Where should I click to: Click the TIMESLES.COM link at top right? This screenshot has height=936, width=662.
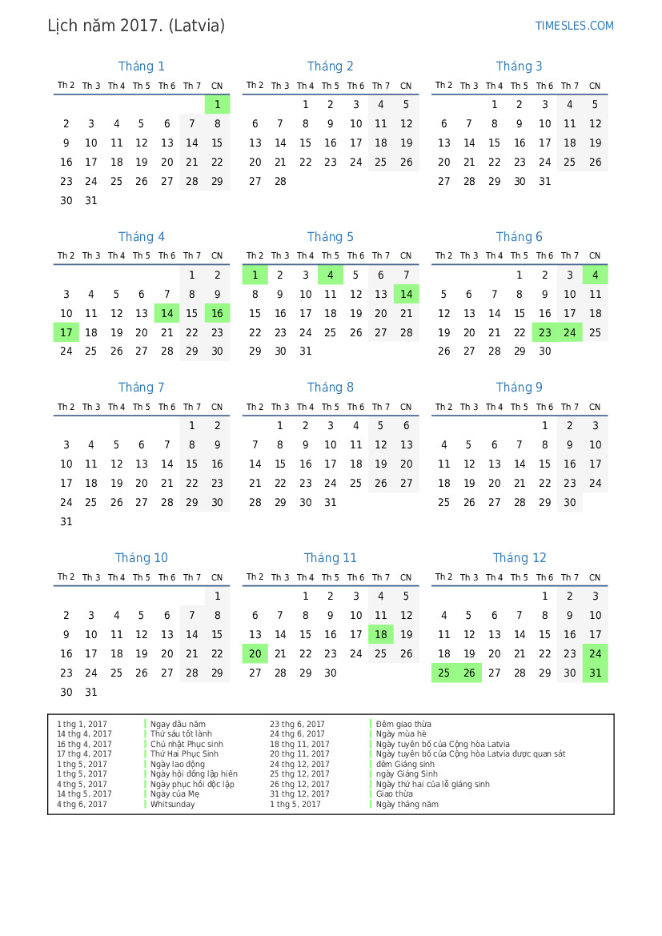tap(574, 26)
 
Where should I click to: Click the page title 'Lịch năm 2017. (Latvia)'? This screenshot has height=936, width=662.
tap(136, 26)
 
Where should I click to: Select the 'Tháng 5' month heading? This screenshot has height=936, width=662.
tap(330, 237)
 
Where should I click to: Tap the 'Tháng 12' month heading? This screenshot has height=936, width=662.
tap(520, 558)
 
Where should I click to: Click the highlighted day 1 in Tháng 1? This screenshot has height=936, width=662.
tap(217, 105)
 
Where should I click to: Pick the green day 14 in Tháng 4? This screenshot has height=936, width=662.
tap(167, 314)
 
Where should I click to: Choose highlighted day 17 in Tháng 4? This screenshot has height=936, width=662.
tap(66, 332)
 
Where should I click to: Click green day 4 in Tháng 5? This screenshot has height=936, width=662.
tap(331, 275)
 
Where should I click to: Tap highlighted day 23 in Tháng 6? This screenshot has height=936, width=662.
tap(545, 332)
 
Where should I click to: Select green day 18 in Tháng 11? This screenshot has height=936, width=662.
tap(381, 635)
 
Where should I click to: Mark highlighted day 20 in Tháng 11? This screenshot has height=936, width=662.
tap(255, 654)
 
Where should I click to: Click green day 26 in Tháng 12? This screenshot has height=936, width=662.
tap(469, 673)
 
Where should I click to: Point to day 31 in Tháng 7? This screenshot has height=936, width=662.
tap(66, 522)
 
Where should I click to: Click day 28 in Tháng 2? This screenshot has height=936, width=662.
tap(280, 181)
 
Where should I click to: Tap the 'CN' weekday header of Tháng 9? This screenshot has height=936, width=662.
tap(595, 408)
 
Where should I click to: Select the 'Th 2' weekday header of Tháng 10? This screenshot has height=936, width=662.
tap(66, 577)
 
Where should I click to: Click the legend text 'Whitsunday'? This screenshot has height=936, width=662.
tap(172, 805)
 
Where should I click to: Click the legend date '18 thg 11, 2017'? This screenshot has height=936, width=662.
tap(299, 745)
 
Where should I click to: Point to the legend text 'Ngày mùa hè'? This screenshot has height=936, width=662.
tap(402, 734)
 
